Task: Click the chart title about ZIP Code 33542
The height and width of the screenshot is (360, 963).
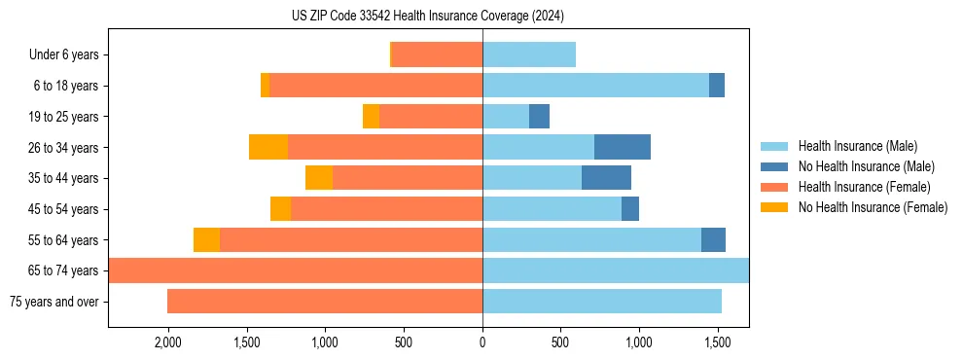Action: [x=428, y=17]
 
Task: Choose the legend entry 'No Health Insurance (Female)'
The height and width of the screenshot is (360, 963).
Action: [x=873, y=207]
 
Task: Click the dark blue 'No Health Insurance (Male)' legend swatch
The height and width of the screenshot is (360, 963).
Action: [x=775, y=166]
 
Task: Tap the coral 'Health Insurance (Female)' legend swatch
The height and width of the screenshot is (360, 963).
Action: [x=775, y=187]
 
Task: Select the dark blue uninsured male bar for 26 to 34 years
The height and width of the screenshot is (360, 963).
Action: [x=623, y=147]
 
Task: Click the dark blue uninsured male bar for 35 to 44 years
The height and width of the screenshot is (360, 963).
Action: [x=606, y=178]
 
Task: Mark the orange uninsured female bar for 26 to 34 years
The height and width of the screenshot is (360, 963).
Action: [x=268, y=147]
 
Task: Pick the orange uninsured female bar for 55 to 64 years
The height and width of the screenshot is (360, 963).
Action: [x=206, y=240]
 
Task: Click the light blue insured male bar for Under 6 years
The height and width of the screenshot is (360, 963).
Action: [x=529, y=54]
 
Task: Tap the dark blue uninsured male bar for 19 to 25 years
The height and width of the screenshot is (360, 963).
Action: [x=539, y=117]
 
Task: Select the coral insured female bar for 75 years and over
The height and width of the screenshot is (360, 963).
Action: [x=325, y=302]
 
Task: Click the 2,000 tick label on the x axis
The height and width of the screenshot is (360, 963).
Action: [x=167, y=343]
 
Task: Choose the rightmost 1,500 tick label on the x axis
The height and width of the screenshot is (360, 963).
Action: [x=718, y=343]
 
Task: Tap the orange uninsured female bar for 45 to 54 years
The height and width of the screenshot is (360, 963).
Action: [x=280, y=209]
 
